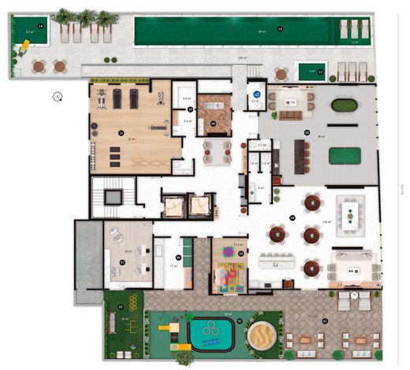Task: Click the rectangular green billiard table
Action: click(x=345, y=154)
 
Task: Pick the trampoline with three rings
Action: click(x=211, y=335)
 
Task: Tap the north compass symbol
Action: click(x=58, y=97)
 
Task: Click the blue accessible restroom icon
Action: click(x=255, y=92)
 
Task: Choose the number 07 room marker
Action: click(x=123, y=262)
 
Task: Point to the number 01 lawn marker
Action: click(x=121, y=306)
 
